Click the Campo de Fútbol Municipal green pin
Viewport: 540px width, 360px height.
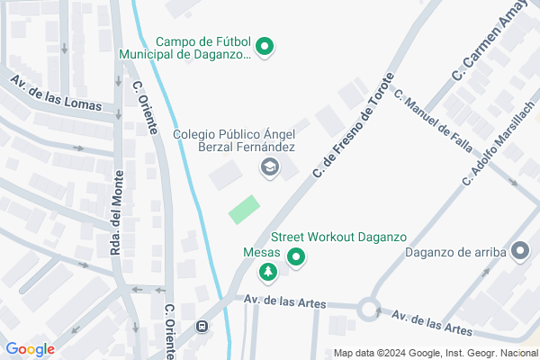265,47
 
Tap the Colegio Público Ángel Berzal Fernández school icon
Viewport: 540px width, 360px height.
268,166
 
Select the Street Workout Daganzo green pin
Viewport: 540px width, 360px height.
296,260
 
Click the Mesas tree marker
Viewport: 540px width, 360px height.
267,272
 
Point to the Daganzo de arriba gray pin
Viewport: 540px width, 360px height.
520,253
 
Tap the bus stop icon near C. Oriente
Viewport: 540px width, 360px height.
202,328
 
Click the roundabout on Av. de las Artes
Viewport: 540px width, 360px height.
368,310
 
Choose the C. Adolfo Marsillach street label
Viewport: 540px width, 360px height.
498,145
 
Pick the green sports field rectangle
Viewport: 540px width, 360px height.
244,210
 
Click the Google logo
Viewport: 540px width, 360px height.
30,349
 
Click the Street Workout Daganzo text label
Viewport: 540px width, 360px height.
338,238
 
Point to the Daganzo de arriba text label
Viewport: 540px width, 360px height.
454,252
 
